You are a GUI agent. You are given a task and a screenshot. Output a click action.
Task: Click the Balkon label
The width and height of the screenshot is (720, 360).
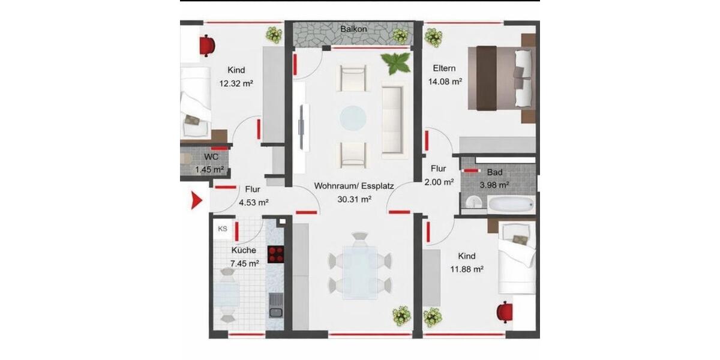[353, 29]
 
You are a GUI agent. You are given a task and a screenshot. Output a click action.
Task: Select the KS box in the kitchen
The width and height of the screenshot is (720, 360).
[222, 229]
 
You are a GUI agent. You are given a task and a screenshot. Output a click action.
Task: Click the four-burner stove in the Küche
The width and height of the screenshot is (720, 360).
[275, 254]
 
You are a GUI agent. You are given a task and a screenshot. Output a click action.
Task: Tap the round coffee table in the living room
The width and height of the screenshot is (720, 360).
[353, 117]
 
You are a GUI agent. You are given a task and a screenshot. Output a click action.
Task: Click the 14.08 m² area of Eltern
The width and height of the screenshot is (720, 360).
[445, 82]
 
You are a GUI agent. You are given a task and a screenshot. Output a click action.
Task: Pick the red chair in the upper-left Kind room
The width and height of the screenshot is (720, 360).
[208, 44]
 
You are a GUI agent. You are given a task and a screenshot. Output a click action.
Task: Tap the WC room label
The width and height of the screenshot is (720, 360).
[211, 157]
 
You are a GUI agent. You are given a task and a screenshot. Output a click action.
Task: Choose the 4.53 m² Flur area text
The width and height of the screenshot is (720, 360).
[253, 202]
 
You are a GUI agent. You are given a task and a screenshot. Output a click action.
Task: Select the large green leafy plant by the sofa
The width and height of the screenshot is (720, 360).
[396, 62]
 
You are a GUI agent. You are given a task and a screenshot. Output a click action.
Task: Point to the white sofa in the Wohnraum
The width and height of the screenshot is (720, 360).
[392, 120]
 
